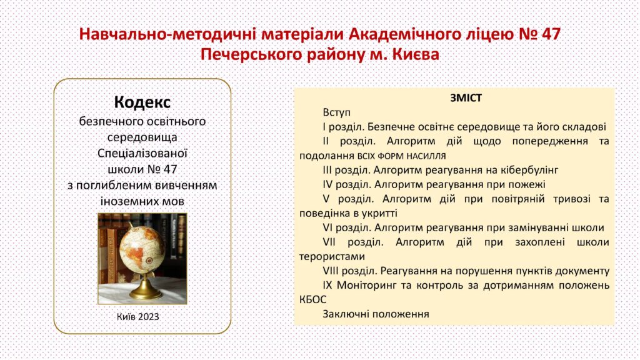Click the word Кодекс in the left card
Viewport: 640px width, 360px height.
(x=142, y=102)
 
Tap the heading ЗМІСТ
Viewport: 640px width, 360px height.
(x=466, y=98)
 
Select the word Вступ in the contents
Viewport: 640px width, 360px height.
(x=336, y=112)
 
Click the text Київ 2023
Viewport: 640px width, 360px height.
(x=138, y=317)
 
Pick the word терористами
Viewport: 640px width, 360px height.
(x=332, y=257)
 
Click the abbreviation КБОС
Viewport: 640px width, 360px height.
(x=312, y=299)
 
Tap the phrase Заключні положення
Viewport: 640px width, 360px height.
(x=376, y=314)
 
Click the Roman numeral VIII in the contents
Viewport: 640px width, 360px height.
(x=331, y=271)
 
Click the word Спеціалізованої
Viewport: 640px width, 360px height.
(x=142, y=154)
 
